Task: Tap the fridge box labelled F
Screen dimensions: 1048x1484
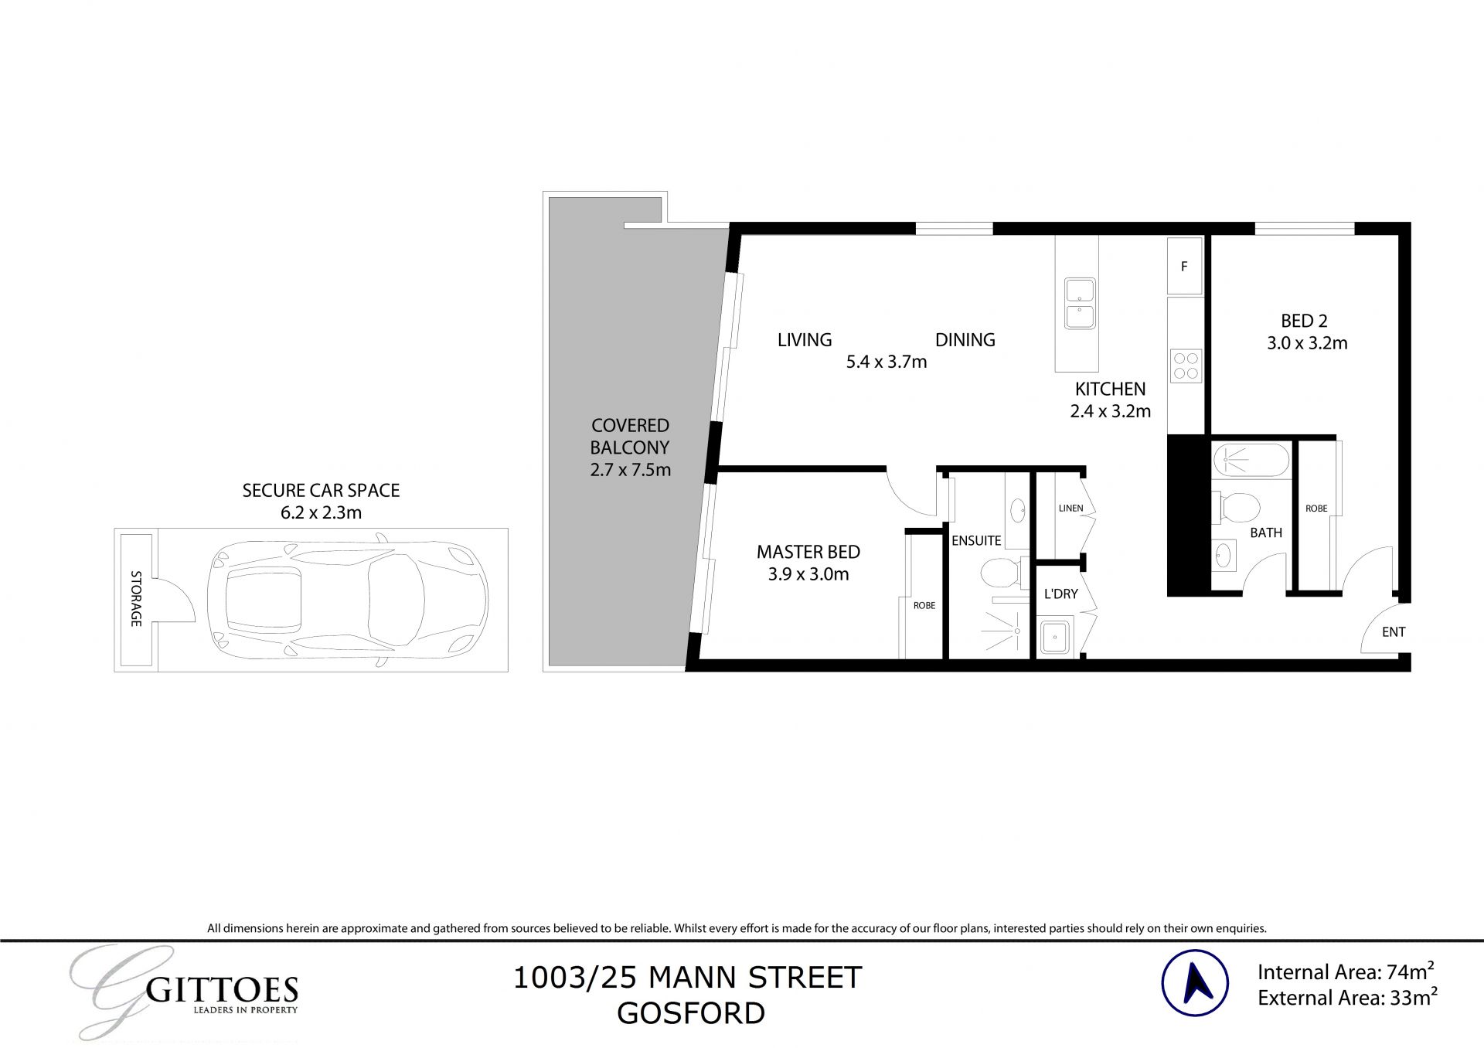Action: click(x=1184, y=267)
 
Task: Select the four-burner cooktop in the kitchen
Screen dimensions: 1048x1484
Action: click(x=1186, y=366)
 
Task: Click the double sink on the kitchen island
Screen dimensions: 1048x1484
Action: click(x=1079, y=304)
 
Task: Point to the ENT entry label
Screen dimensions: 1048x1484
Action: click(x=1394, y=632)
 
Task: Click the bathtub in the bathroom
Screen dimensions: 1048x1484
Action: click(x=1251, y=461)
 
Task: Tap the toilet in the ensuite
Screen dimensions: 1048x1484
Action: click(x=997, y=573)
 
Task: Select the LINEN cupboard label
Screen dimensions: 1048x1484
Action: click(x=1070, y=509)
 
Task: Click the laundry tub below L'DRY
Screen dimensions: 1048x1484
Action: click(x=1053, y=638)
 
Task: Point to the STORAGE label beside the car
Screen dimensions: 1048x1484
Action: click(x=136, y=598)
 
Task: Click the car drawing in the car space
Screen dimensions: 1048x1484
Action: click(x=348, y=599)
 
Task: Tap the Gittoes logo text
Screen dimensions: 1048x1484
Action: click(x=222, y=991)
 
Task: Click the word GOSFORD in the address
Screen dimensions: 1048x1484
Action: click(x=691, y=1013)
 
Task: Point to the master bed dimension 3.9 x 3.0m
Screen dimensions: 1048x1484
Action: click(x=808, y=574)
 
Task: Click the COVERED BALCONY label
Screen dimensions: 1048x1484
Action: click(x=630, y=436)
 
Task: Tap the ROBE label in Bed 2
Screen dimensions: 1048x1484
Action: click(x=1316, y=509)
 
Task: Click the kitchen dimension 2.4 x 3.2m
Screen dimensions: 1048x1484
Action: click(x=1110, y=411)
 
